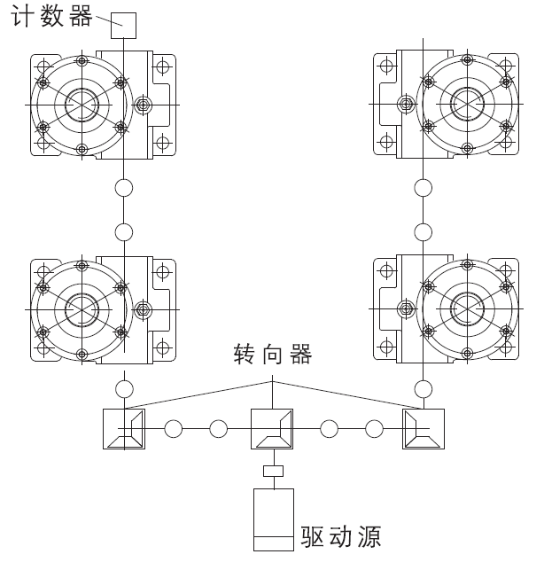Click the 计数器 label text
click(x=51, y=17)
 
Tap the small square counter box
click(x=123, y=25)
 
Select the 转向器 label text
click(x=272, y=357)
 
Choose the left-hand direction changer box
click(x=123, y=430)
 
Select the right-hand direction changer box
click(x=423, y=430)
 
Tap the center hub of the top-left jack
click(x=82, y=105)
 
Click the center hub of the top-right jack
click(x=465, y=105)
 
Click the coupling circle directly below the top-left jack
click(x=124, y=188)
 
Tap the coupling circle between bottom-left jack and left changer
click(x=124, y=388)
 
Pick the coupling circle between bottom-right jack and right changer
click(x=424, y=388)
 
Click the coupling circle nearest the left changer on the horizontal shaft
click(x=174, y=430)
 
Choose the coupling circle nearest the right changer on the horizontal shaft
click(x=374, y=430)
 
